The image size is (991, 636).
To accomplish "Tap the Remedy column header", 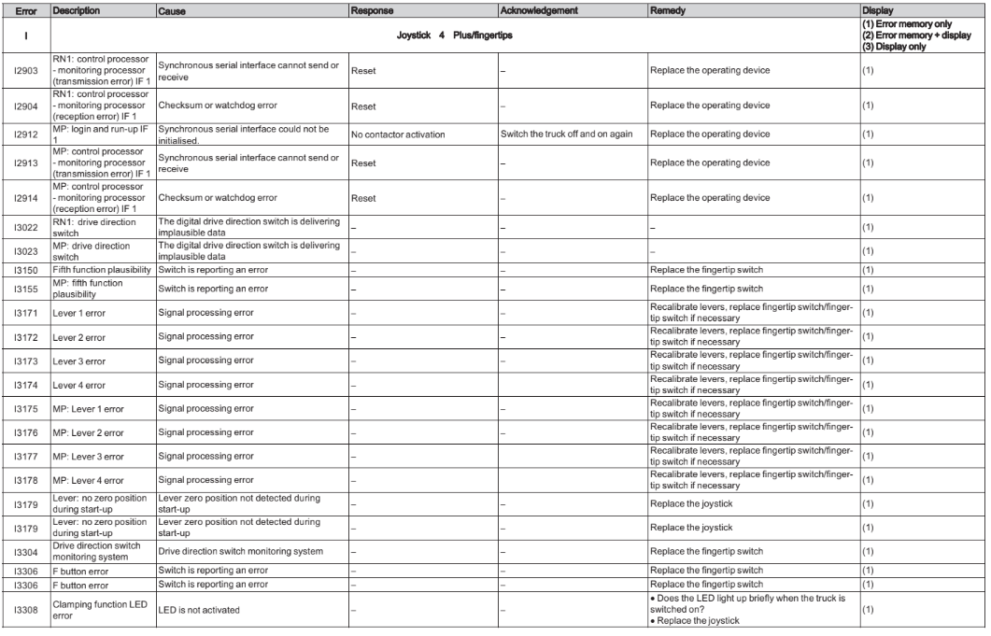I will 669,8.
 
